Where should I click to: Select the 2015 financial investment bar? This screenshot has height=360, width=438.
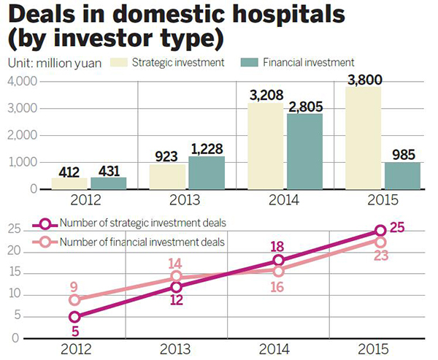403,176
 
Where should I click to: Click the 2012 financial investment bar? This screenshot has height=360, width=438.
108,183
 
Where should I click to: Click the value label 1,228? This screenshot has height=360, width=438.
207,148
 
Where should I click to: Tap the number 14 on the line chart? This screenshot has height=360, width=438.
174,264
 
